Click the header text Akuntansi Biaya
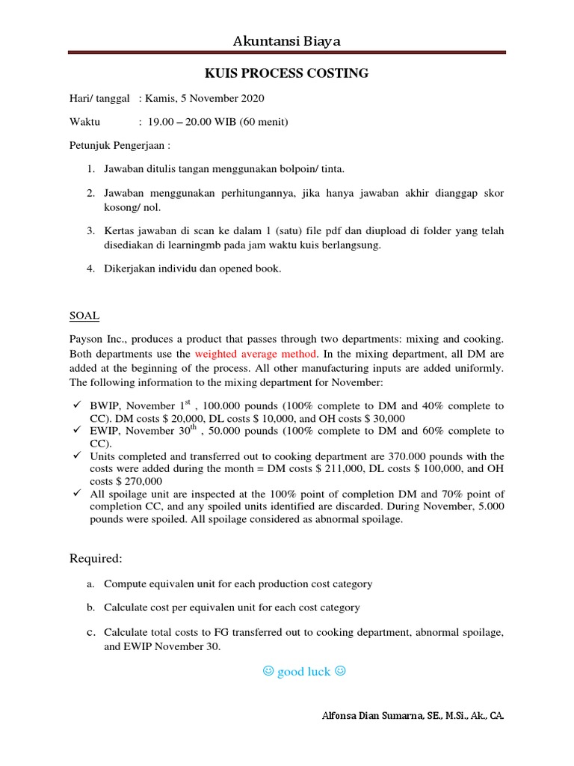pyautogui.click(x=287, y=41)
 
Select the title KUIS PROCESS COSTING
pyautogui.click(x=287, y=73)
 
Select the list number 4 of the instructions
pyautogui.click(x=90, y=269)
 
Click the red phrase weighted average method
pyautogui.click(x=258, y=353)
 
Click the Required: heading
pyautogui.click(x=96, y=558)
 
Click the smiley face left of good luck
pyautogui.click(x=268, y=671)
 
